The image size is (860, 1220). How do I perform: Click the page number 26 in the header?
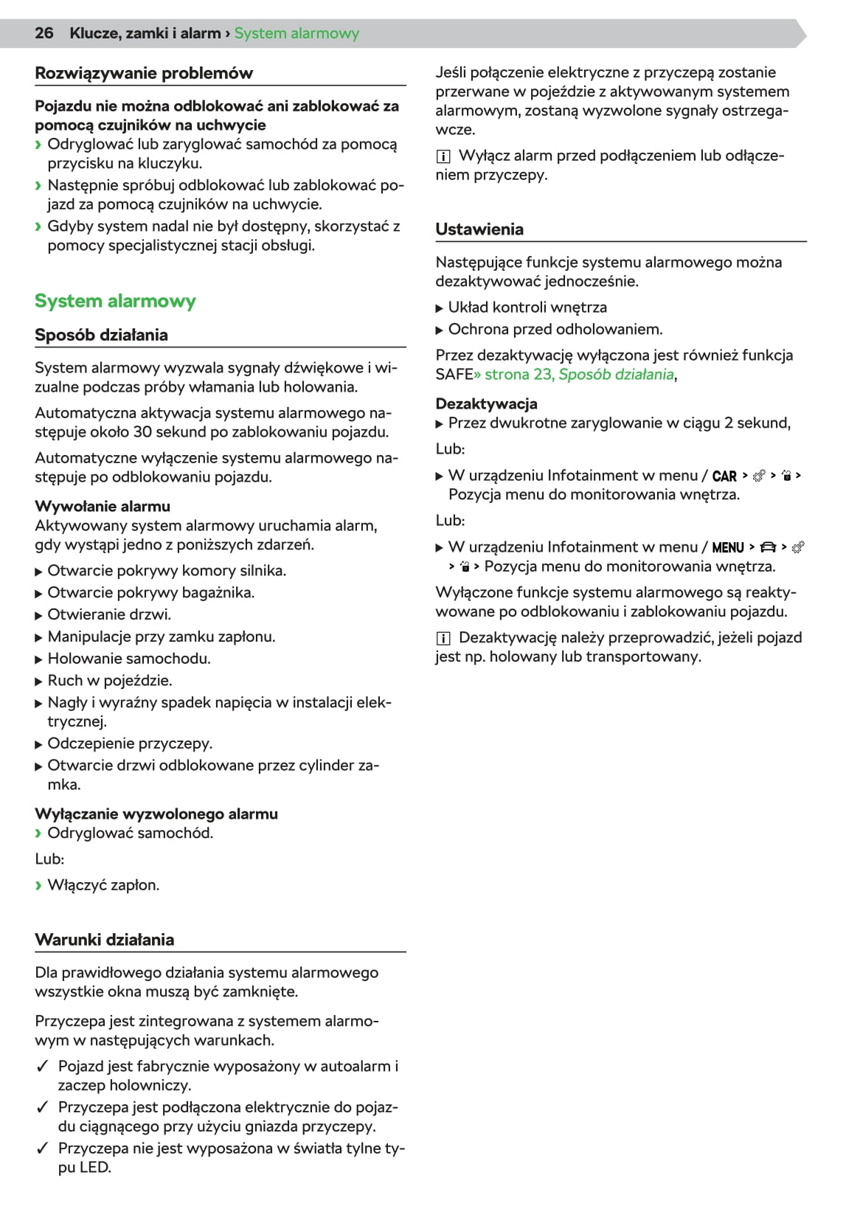pyautogui.click(x=44, y=33)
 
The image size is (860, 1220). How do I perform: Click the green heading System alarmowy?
pyautogui.click(x=115, y=301)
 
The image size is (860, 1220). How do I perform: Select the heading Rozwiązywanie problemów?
pyautogui.click(x=144, y=73)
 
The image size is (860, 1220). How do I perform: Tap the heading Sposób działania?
pyautogui.click(x=101, y=335)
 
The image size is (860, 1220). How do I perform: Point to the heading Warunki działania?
pyautogui.click(x=105, y=940)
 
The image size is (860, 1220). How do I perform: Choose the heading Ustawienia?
pyautogui.click(x=479, y=229)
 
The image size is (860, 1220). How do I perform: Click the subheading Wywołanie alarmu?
pyautogui.click(x=103, y=506)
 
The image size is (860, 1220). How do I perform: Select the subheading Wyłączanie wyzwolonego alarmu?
pyautogui.click(x=156, y=814)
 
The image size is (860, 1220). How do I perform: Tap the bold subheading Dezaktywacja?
pyautogui.click(x=486, y=403)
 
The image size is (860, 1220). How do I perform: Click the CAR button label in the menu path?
pyautogui.click(x=724, y=476)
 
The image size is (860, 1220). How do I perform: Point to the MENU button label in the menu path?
pyautogui.click(x=728, y=547)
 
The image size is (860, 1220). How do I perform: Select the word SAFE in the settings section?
pyautogui.click(x=454, y=374)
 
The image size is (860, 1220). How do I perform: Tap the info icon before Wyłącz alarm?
pyautogui.click(x=443, y=156)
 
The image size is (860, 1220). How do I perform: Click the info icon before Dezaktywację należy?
pyautogui.click(x=443, y=638)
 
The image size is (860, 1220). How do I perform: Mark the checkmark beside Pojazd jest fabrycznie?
pyautogui.click(x=43, y=1066)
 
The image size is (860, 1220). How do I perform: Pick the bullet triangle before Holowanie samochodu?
pyautogui.click(x=39, y=659)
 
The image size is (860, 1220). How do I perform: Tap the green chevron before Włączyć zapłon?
pyautogui.click(x=38, y=885)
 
